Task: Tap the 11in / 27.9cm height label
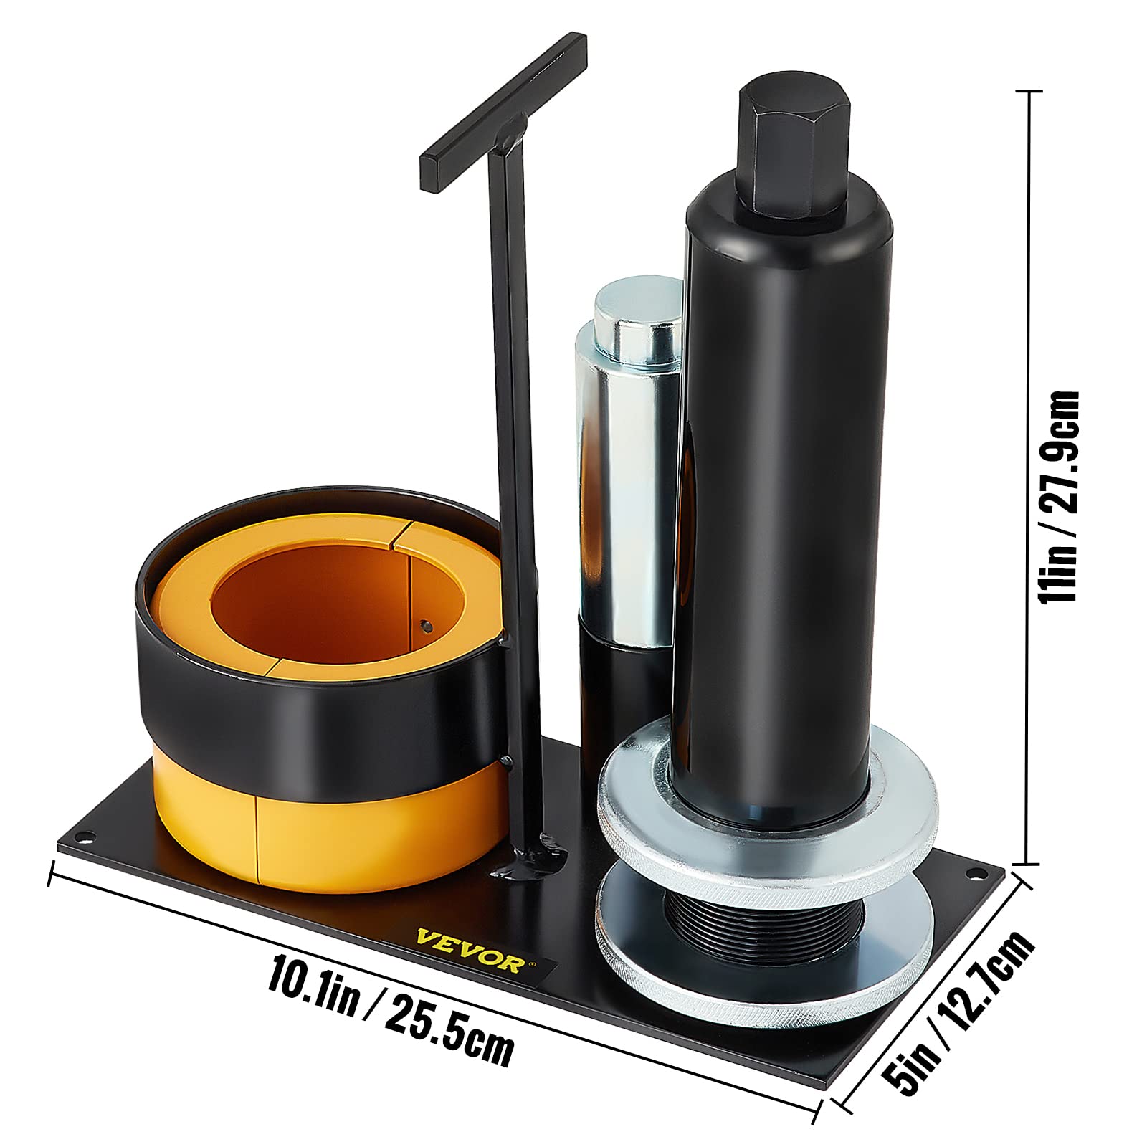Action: [x=1061, y=495]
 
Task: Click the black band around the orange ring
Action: [x=323, y=688]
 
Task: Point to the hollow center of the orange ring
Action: [x=315, y=595]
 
